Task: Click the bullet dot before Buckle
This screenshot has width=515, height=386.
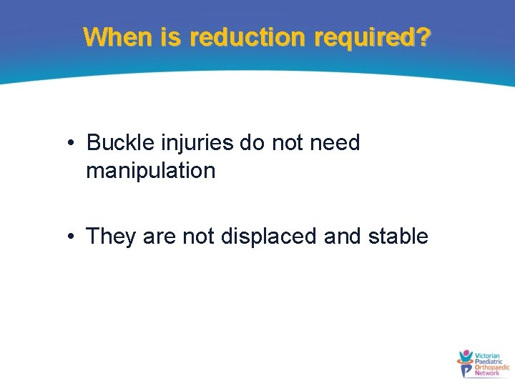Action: click(72, 144)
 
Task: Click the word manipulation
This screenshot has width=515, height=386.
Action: click(150, 171)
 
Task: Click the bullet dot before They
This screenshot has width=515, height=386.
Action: click(72, 237)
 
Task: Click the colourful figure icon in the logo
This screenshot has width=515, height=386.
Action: click(466, 363)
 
